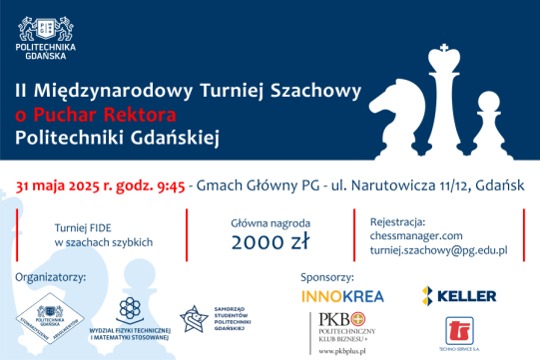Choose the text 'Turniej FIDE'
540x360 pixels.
click(88, 226)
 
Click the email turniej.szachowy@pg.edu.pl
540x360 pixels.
click(438, 252)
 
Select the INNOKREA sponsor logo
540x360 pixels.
click(342, 295)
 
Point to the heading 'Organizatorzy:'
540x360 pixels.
click(51, 276)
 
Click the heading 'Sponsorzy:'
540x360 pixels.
click(326, 274)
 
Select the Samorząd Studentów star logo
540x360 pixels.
click(195, 318)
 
